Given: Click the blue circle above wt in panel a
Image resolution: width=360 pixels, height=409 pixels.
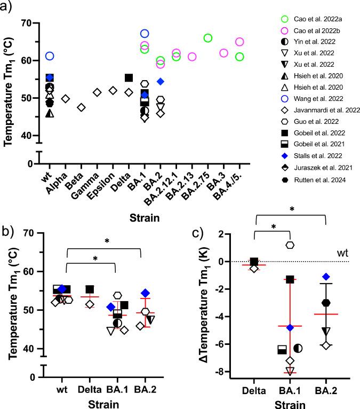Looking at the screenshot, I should point(50,56).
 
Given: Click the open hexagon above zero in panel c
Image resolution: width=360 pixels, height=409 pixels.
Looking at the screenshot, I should point(290,245).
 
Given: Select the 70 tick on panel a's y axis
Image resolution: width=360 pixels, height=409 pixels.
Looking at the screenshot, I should point(25,23).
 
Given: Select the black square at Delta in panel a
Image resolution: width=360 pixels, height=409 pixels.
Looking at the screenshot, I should point(129,78).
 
